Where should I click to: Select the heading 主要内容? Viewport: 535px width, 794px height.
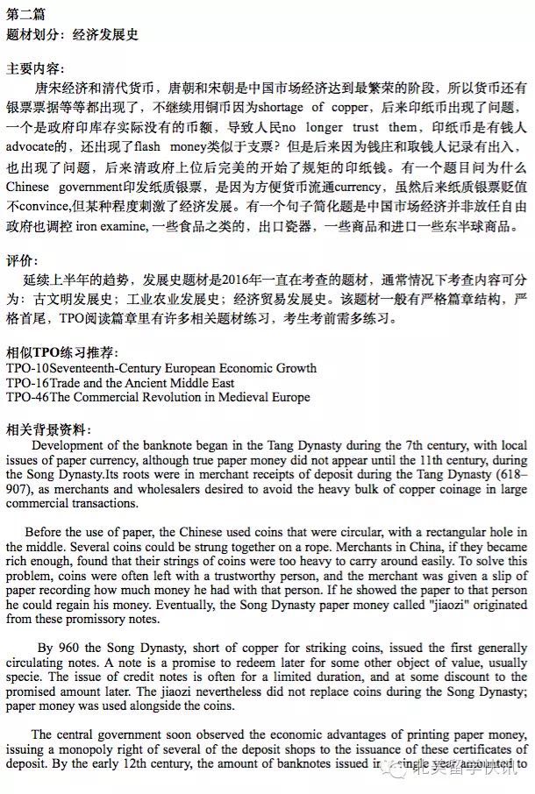pos(34,67)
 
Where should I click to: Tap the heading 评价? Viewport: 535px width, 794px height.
pos(21,260)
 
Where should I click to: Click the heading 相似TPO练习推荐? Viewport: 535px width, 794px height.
pos(61,351)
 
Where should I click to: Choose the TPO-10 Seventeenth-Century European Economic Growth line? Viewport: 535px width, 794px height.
pos(160,368)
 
